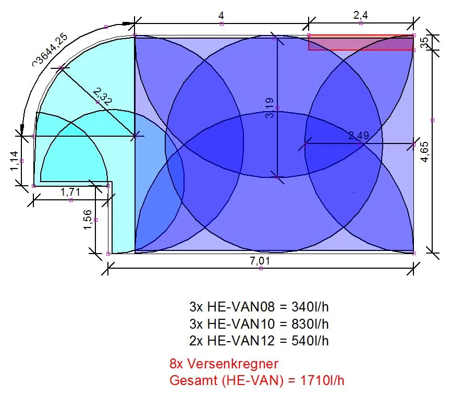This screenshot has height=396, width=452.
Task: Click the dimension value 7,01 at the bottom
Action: [x=260, y=261]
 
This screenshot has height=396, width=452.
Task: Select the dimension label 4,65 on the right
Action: [x=425, y=152]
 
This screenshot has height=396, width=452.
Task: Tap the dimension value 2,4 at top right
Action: [x=361, y=15]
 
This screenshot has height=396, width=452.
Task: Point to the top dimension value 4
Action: [x=222, y=15]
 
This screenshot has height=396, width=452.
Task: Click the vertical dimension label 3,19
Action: [x=269, y=108]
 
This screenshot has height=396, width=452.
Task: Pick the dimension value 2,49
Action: [x=359, y=136]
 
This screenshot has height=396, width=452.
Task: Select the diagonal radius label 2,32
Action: [x=103, y=97]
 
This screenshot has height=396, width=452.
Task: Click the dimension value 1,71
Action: [x=70, y=192]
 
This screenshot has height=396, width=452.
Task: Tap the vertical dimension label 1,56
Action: [x=88, y=220]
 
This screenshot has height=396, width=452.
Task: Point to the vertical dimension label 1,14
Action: [x=14, y=161]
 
